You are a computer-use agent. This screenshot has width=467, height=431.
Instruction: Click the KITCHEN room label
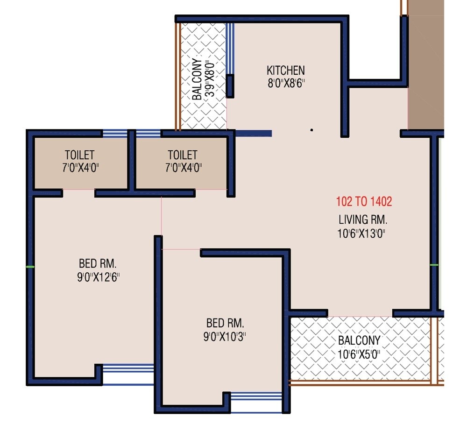(x=285, y=71)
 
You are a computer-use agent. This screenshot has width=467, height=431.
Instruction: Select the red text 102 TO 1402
(x=364, y=202)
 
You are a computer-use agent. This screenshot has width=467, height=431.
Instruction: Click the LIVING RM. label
(x=363, y=219)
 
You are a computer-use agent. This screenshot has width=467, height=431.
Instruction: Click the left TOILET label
(x=79, y=155)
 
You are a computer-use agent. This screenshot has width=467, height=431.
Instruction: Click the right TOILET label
(x=182, y=155)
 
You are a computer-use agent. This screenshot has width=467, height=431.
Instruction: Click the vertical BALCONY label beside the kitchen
(x=198, y=79)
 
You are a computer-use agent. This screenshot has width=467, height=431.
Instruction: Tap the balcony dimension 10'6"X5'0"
(x=360, y=354)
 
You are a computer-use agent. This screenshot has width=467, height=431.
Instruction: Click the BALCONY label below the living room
(x=360, y=340)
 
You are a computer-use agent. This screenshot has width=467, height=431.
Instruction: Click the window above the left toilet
(x=115, y=134)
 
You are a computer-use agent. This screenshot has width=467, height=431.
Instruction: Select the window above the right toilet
(x=148, y=134)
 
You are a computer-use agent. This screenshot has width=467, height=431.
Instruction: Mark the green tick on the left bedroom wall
(x=30, y=267)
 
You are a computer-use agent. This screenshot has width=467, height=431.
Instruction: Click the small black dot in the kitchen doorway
(x=311, y=130)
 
